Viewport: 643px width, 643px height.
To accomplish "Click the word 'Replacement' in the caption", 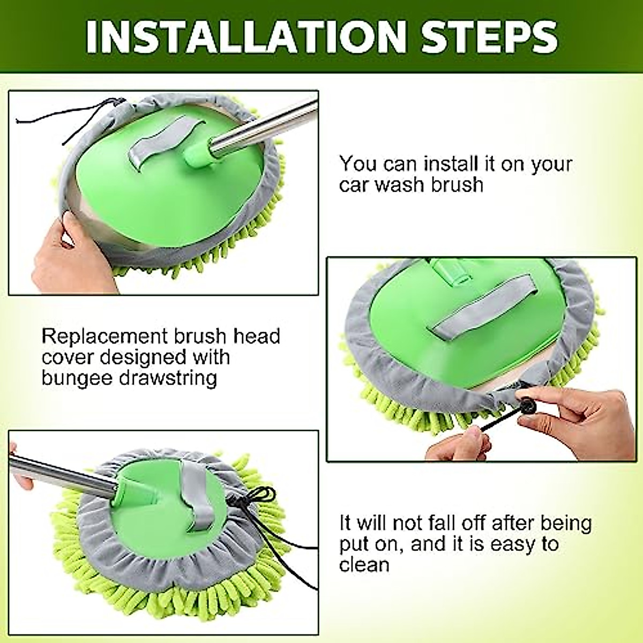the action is [x=102, y=337].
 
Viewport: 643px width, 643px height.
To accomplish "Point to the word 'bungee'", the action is [x=76, y=379].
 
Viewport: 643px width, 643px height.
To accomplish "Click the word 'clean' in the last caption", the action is [x=364, y=565].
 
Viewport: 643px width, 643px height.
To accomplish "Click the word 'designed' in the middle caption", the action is [x=143, y=358].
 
